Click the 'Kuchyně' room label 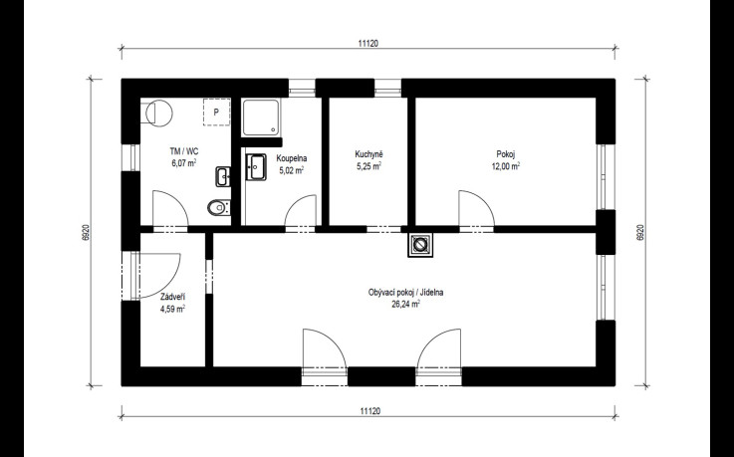tap(368, 154)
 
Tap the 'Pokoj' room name tap(506, 154)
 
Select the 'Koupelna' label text tap(292, 158)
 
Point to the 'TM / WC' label tap(184, 151)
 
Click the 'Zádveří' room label tap(172, 297)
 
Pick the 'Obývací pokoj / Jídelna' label tap(406, 293)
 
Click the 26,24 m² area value tap(406, 304)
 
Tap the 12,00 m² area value tap(506, 166)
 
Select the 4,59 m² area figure tap(172, 310)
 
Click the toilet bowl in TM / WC tap(219, 207)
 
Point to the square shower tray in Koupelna tap(262, 116)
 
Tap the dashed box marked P tap(217, 113)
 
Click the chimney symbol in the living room tap(420, 245)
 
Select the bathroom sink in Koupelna tap(255, 167)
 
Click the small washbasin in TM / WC tap(223, 177)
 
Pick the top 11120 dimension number tap(368, 44)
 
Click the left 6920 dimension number tap(86, 232)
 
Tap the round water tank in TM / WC tap(158, 113)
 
